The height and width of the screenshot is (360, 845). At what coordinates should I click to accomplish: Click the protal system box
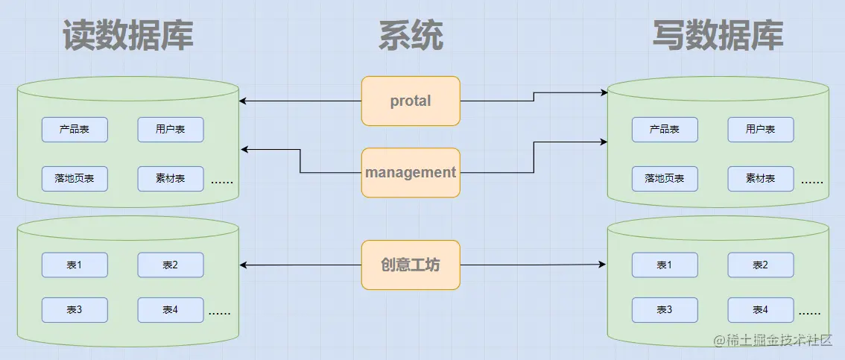click(x=411, y=101)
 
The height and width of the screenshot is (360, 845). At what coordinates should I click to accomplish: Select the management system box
click(x=411, y=172)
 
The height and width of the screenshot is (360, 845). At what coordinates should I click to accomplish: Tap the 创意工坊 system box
click(x=411, y=265)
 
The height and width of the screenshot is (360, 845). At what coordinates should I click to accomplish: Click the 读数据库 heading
click(x=128, y=34)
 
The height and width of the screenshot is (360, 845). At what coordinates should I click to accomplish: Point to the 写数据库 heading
click(x=718, y=34)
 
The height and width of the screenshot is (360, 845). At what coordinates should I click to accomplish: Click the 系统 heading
click(x=411, y=34)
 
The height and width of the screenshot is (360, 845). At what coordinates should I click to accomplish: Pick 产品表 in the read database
click(x=75, y=130)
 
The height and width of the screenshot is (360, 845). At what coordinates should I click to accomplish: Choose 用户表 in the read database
click(x=170, y=130)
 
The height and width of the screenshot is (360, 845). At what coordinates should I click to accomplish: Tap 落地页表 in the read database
click(x=75, y=179)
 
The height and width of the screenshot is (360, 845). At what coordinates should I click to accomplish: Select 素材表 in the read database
click(x=170, y=179)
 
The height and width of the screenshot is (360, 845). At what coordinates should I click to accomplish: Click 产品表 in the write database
click(x=665, y=130)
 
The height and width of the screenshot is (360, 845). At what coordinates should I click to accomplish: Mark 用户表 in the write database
click(x=760, y=130)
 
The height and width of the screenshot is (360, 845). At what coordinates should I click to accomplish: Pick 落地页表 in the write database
click(x=665, y=179)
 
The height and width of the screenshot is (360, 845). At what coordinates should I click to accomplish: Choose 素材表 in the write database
click(x=760, y=179)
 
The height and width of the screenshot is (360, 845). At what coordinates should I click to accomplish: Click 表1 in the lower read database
click(x=75, y=265)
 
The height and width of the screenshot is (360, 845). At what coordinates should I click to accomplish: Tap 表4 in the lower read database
click(x=170, y=310)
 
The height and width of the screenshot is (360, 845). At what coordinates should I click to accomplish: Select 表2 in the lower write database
click(x=760, y=265)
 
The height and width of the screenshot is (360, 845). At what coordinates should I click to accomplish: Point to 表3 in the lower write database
click(x=665, y=310)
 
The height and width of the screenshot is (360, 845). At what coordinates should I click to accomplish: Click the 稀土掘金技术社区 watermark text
click(x=779, y=341)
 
